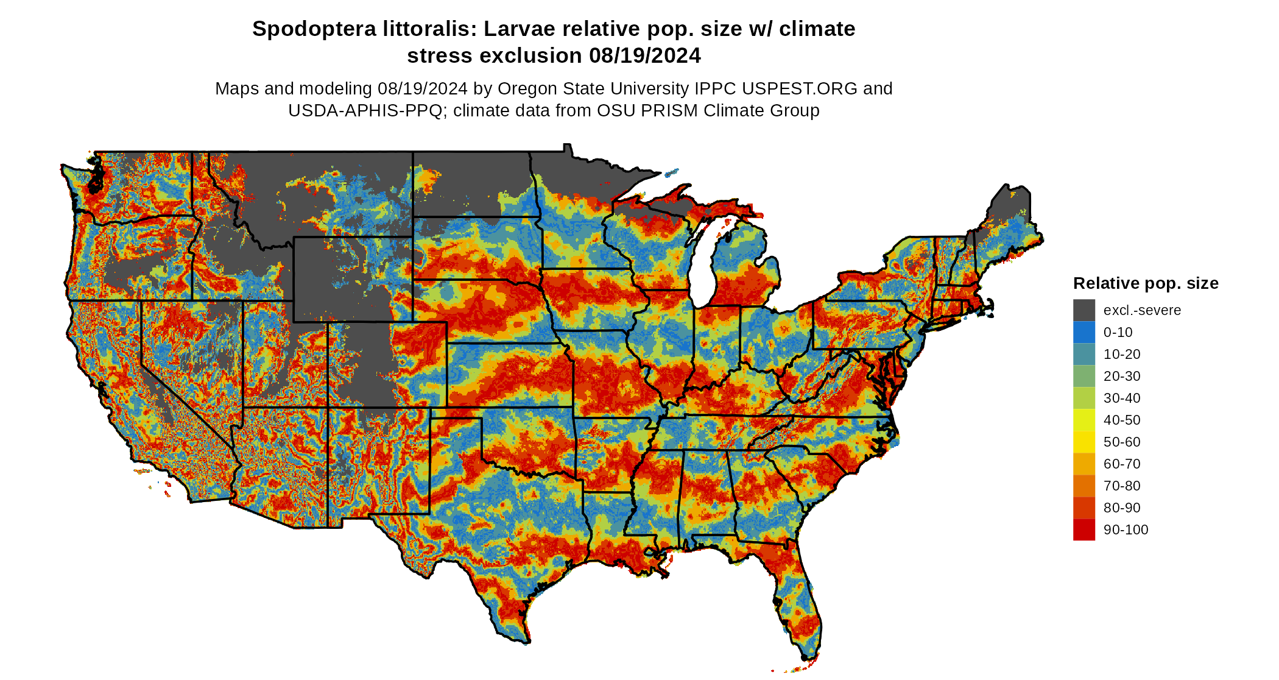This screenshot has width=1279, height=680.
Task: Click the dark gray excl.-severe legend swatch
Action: [x=1084, y=310]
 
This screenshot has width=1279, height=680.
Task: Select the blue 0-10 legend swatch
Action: [x=1084, y=332]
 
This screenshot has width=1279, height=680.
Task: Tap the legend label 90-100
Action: [x=1126, y=530]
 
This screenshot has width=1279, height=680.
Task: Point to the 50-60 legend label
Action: [x=1122, y=442]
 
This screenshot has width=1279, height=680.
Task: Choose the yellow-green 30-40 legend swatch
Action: [x=1084, y=398]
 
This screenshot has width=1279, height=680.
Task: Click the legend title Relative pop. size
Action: [x=1146, y=283]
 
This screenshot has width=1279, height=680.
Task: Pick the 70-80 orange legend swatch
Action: [x=1084, y=486]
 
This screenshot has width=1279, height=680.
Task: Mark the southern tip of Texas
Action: [x=523, y=640]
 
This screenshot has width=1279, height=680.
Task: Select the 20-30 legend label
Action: [x=1122, y=377]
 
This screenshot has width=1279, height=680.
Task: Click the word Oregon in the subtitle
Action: [x=525, y=89]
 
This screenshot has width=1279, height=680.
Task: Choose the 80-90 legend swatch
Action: [x=1084, y=508]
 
